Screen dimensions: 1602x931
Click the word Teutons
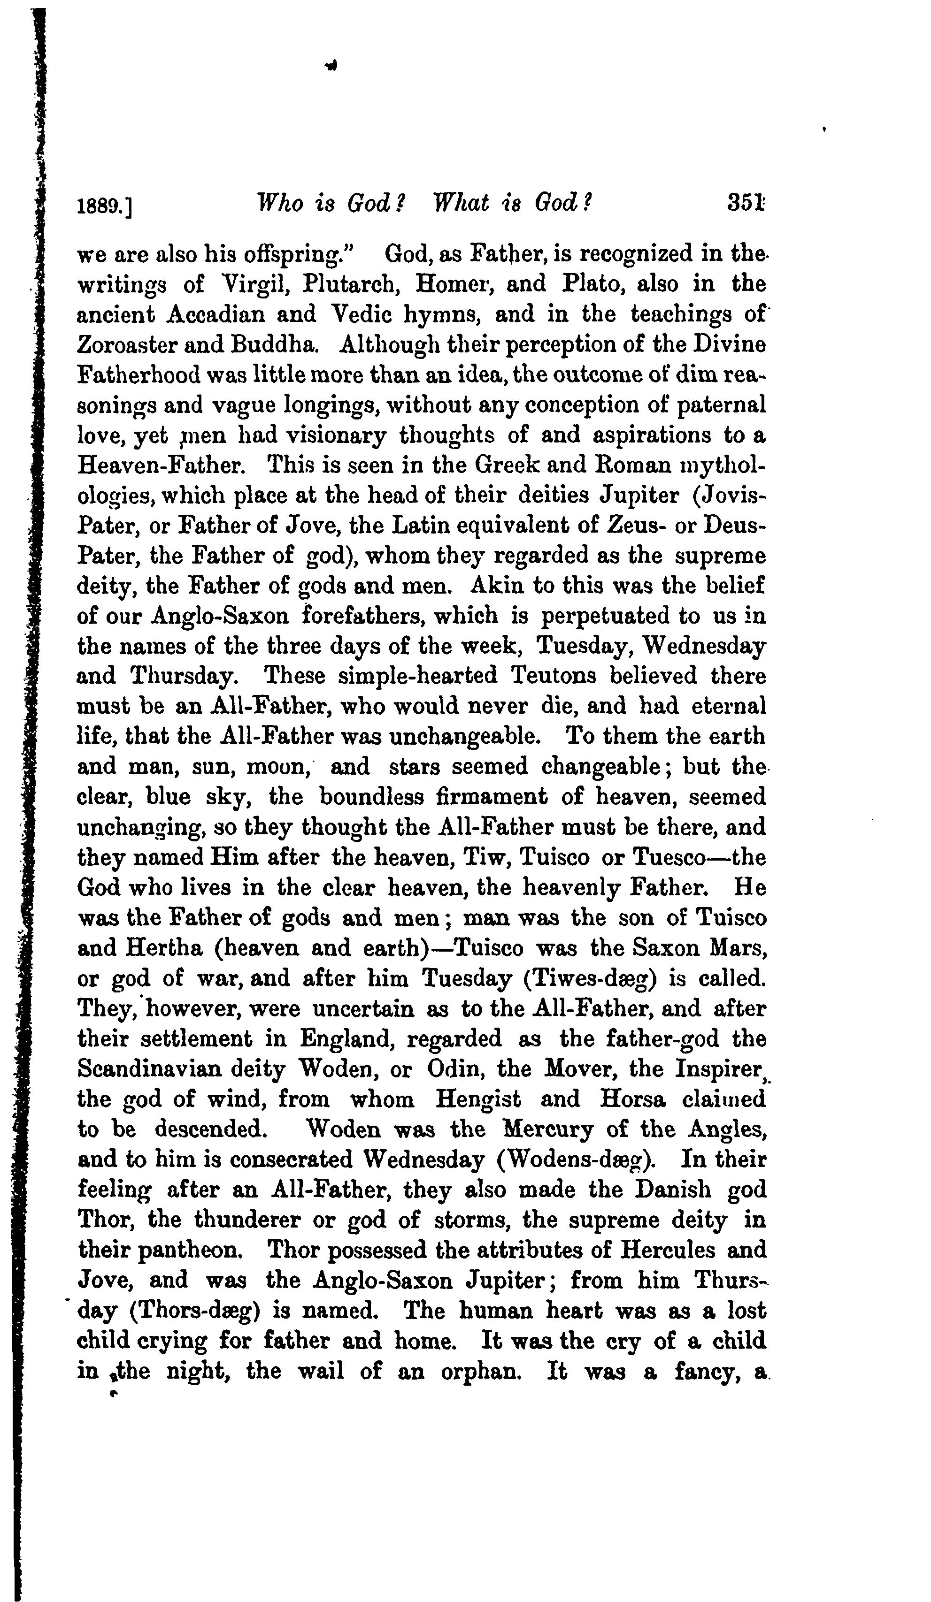coord(553,675)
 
